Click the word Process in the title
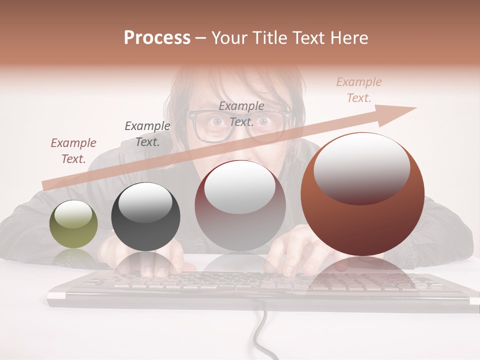pyautogui.click(x=157, y=38)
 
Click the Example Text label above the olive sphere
pyautogui.click(x=73, y=150)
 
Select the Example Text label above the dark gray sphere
pyautogui.click(x=147, y=133)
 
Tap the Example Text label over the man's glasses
pyautogui.click(x=241, y=113)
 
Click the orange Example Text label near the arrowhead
pyautogui.click(x=358, y=89)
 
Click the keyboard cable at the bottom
pyautogui.click(x=261, y=335)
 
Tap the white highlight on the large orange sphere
pyautogui.click(x=361, y=166)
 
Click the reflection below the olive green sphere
pyautogui.click(x=73, y=257)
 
